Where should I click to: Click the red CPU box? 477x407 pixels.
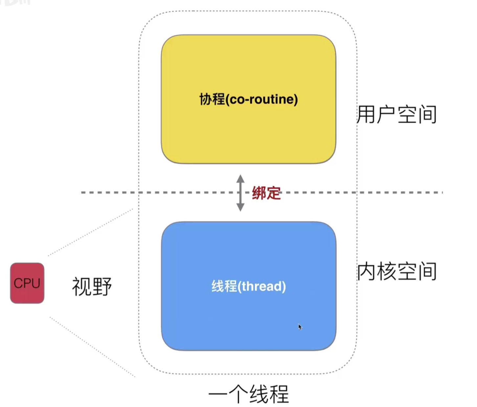click(27, 283)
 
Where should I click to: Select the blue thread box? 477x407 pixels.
click(248, 316)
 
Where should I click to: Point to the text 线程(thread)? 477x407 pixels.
click(248, 286)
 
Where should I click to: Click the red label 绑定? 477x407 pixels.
click(266, 193)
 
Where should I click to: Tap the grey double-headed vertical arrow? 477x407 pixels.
click(240, 193)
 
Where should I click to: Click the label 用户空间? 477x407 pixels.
click(397, 114)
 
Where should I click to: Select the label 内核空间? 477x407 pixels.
click(397, 272)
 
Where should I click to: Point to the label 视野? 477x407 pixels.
click(92, 286)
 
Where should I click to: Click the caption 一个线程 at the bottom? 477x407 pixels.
click(249, 394)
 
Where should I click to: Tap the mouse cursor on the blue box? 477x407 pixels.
click(300, 327)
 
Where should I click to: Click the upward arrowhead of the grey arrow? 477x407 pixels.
click(240, 179)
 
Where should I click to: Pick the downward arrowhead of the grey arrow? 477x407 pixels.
click(240, 207)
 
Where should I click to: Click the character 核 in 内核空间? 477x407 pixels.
click(387, 272)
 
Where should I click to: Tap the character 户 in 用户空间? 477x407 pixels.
click(387, 114)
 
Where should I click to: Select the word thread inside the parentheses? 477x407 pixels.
click(262, 286)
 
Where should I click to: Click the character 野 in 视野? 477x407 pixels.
click(102, 286)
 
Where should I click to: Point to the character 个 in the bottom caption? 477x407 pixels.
click(239, 394)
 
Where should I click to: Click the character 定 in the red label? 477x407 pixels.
click(273, 193)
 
